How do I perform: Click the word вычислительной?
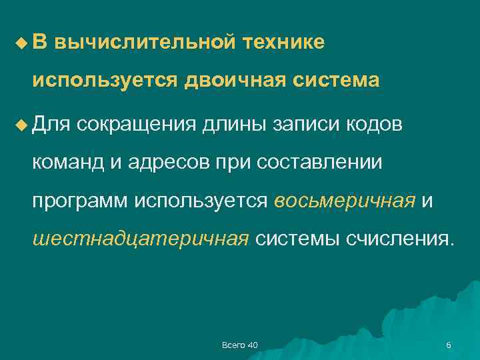coord(145,42)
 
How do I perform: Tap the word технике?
coord(284,42)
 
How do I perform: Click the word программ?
coord(81,201)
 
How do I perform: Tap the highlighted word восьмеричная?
coord(345,201)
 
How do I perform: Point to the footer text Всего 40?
coord(239,345)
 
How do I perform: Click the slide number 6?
coord(449,345)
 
